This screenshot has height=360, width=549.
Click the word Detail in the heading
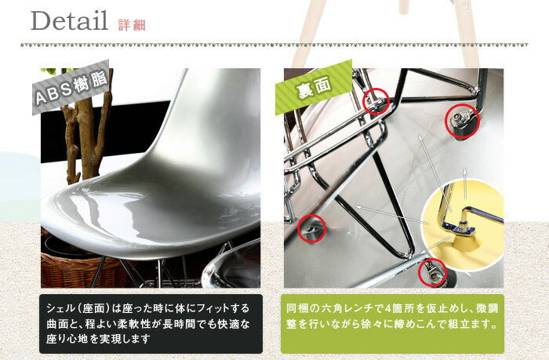pyautogui.click(x=69, y=20)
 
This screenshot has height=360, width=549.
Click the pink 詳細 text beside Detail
pyautogui.click(x=132, y=25)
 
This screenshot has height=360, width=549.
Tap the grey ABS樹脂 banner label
pyautogui.click(x=71, y=87)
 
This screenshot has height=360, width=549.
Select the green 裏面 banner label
pyautogui.click(x=314, y=87)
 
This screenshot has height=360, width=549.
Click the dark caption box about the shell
pyautogui.click(x=151, y=324)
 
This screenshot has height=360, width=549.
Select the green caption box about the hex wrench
pyautogui.click(x=392, y=324)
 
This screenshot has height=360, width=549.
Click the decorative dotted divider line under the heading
pyautogui.click(x=274, y=45)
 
